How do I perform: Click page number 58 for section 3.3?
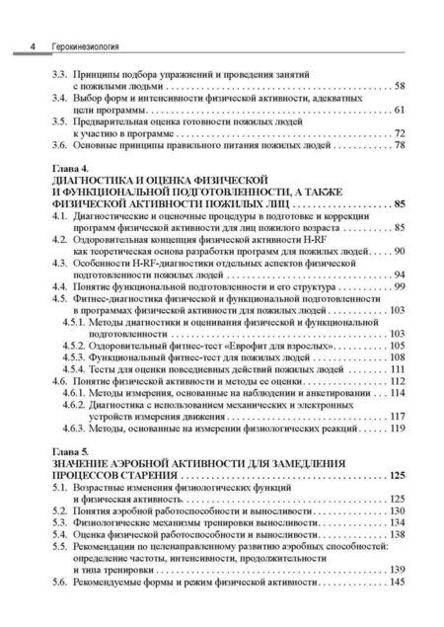400,87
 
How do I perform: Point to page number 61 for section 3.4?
400,111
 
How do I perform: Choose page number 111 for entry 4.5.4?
398,369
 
